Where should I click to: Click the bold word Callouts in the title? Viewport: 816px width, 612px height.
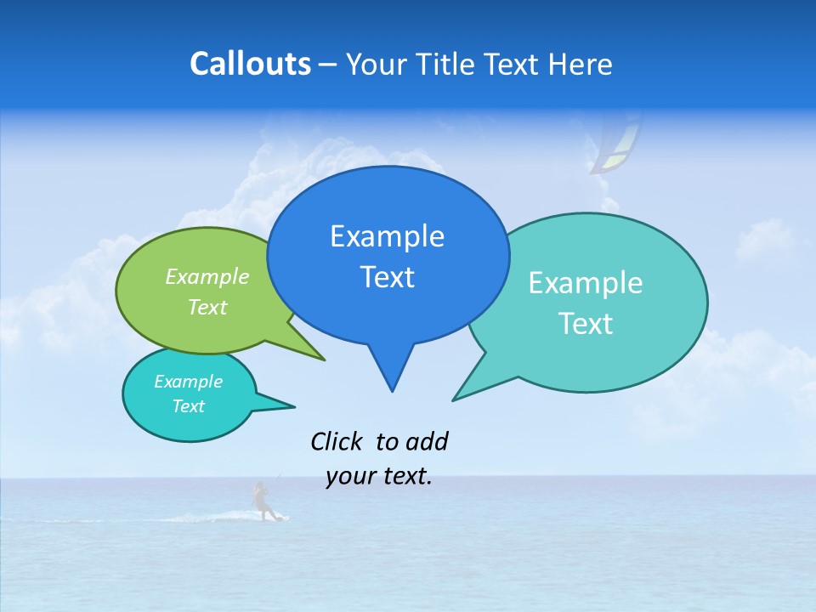coord(250,64)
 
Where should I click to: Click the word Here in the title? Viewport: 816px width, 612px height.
coord(581,64)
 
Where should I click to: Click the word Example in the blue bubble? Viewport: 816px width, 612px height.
coord(387,236)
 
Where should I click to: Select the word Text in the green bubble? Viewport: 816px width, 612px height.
coord(207,307)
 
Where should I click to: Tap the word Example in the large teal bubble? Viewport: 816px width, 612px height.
coord(586,283)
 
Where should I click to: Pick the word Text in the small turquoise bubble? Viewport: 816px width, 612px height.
coord(189,406)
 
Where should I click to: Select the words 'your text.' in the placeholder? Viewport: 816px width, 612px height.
coord(379,476)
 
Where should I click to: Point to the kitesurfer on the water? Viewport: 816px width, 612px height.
coord(262,501)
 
